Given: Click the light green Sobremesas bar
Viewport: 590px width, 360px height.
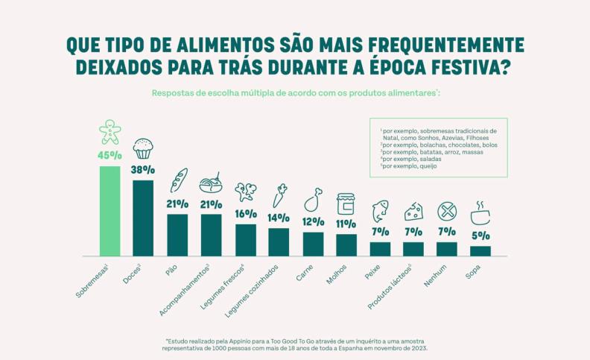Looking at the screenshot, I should (110, 210).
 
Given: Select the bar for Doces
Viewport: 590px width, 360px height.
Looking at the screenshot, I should (143, 217).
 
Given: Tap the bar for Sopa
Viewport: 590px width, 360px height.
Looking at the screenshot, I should (480, 250).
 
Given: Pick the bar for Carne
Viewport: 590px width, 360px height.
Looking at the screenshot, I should (313, 244).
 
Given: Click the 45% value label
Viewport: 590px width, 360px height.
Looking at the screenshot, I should (110, 155).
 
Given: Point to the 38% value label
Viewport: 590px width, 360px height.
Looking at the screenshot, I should (143, 169).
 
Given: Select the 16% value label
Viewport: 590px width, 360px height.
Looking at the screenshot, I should (245, 213).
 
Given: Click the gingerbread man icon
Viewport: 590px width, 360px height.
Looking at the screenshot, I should (110, 132).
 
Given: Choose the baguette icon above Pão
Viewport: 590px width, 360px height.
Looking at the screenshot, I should (178, 181).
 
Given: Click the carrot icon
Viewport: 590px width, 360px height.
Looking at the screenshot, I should (279, 196).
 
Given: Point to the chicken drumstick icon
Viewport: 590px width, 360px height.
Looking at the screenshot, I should (313, 200).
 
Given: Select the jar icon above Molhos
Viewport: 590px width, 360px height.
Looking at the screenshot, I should (346, 203).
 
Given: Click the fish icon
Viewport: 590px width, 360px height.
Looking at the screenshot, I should (380, 210).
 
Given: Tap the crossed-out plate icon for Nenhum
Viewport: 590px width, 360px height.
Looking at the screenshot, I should (447, 211).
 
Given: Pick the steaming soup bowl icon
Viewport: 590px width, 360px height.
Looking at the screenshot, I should (480, 212).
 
